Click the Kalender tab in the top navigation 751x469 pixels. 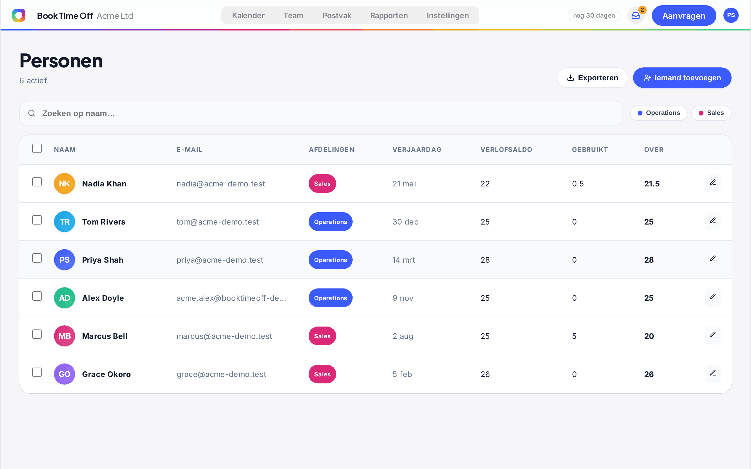(x=248, y=16)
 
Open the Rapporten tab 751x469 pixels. (x=389, y=16)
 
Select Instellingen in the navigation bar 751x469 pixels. (x=447, y=16)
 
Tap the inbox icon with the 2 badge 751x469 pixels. (x=635, y=16)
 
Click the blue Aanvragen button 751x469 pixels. (x=684, y=16)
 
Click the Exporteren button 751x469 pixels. (x=592, y=78)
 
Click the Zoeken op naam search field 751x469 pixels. (x=321, y=113)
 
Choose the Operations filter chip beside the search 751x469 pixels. (x=659, y=113)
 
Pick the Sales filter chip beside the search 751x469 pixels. (x=711, y=113)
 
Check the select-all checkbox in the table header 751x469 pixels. (x=37, y=148)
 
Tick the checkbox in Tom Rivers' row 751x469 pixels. (x=37, y=220)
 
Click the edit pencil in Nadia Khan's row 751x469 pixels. (x=713, y=183)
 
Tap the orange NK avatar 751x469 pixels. (x=65, y=183)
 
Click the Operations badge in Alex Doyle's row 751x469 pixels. (x=330, y=298)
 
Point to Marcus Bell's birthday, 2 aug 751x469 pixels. (x=402, y=336)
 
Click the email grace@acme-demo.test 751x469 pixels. (x=221, y=374)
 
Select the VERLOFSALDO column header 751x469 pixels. (x=506, y=149)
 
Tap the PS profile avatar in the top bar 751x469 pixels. (x=731, y=15)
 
